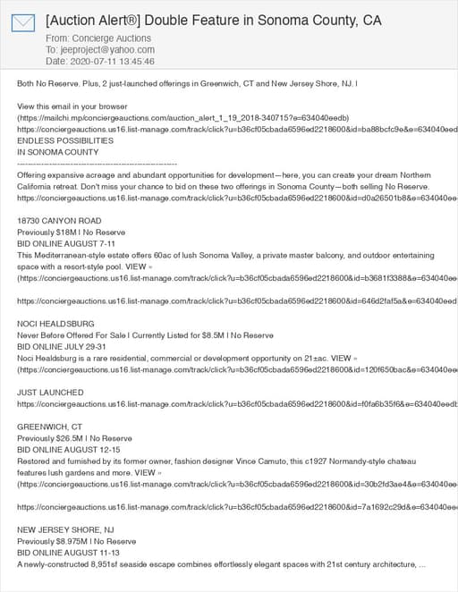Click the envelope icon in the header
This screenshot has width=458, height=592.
tap(23, 23)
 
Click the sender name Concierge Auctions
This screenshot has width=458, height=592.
tap(112, 38)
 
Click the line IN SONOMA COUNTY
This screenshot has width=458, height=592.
tap(58, 152)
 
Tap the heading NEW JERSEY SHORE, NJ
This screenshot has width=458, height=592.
tap(65, 530)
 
